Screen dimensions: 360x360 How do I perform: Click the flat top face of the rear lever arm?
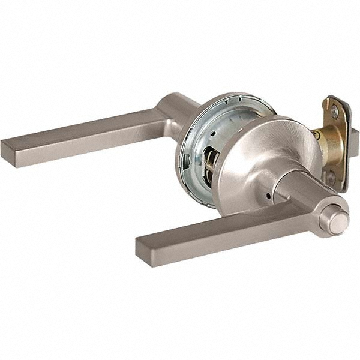84,127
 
